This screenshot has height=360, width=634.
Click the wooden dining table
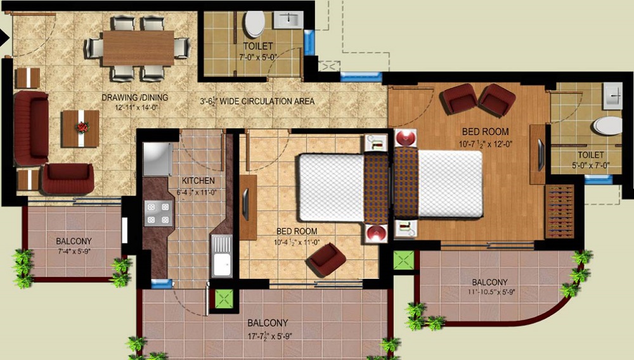(138, 48)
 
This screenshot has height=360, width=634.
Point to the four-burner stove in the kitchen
(158, 213)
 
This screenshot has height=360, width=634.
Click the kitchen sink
(222, 256)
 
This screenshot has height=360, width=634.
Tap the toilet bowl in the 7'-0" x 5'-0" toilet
(255, 24)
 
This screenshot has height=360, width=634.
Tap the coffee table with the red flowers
(81, 128)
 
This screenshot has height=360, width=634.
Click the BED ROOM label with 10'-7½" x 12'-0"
(485, 132)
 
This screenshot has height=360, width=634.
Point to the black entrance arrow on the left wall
(4, 37)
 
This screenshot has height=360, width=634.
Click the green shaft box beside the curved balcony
(403, 259)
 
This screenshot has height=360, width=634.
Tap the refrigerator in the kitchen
(157, 159)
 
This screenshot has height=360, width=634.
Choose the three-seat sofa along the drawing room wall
(31, 128)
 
